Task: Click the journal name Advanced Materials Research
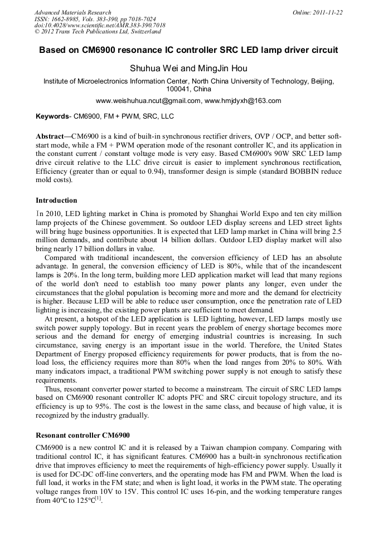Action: pyautogui.click(x=72, y=12)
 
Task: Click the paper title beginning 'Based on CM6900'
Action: pyautogui.click(x=188, y=50)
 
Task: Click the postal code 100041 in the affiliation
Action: pyautogui.click(x=178, y=89)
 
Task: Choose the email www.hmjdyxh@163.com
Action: pyautogui.click(x=243, y=101)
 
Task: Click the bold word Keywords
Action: pyautogui.click(x=52, y=116)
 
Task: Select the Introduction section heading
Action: pyautogui.click(x=56, y=200)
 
